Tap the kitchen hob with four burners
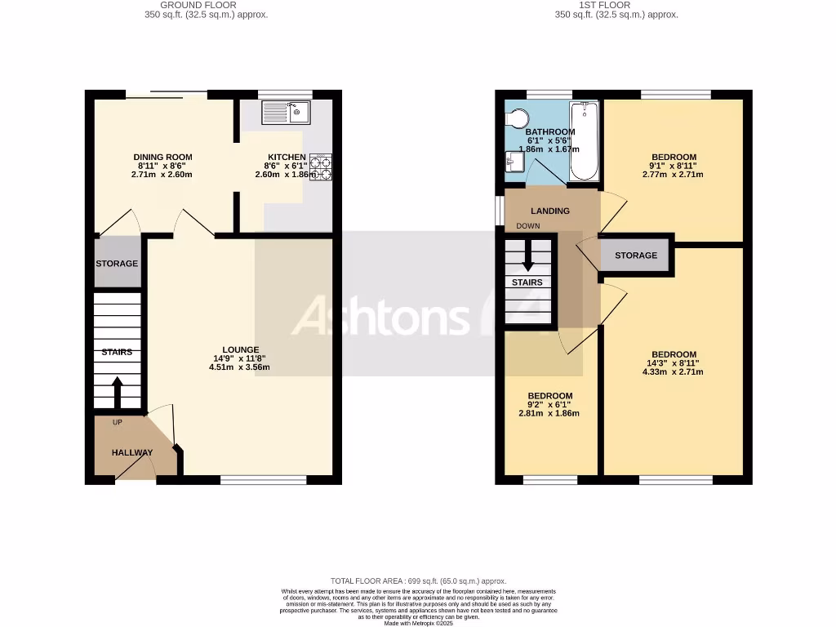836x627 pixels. click(x=320, y=167)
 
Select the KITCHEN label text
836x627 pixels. click(x=287, y=157)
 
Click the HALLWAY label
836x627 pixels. click(x=132, y=453)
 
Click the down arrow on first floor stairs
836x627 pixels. click(x=527, y=256)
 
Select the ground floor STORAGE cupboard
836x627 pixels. click(x=117, y=264)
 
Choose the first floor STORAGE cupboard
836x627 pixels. click(x=636, y=256)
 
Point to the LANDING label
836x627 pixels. click(x=549, y=211)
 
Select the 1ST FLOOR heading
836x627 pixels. click(x=616, y=5)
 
